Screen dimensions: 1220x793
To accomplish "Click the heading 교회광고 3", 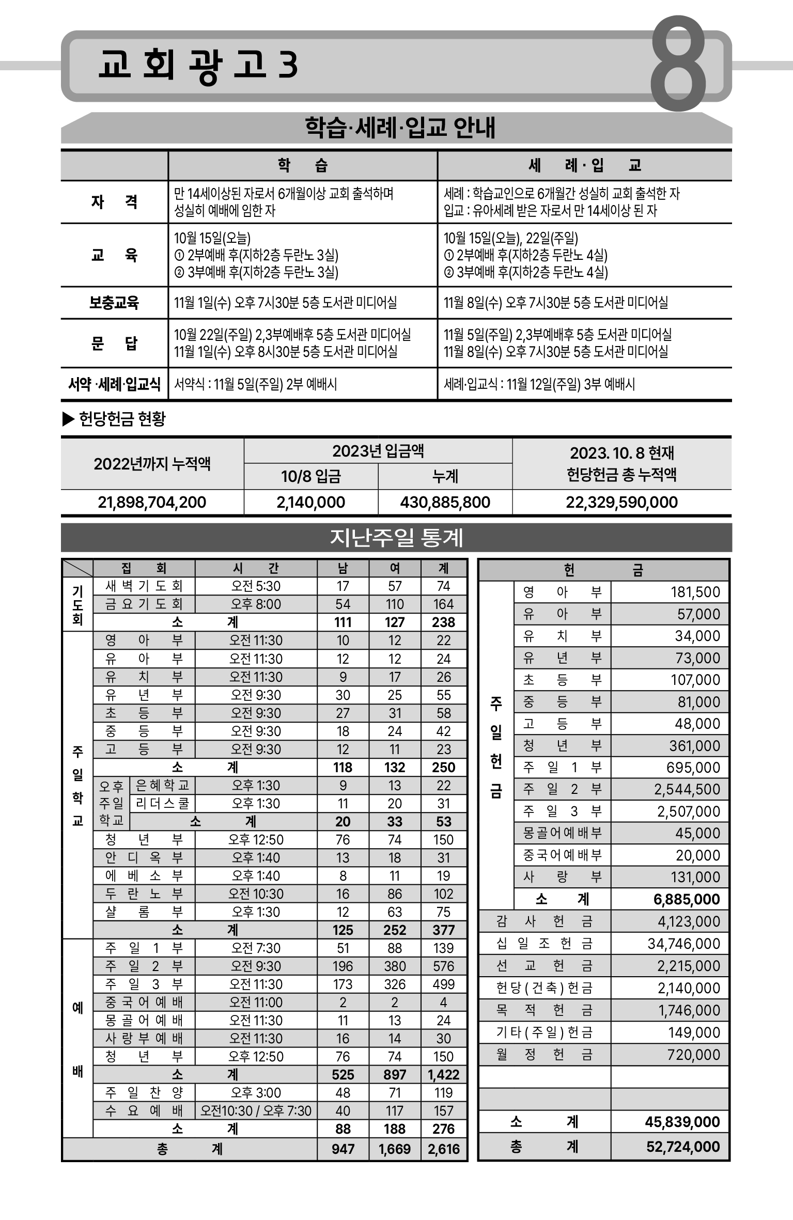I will (198, 66).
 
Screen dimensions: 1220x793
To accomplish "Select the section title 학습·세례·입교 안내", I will (400, 128).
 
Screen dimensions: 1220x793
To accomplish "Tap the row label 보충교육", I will (114, 303).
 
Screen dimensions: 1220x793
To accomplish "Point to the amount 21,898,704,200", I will (152, 502).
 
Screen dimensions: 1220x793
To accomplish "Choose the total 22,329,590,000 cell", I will (621, 502).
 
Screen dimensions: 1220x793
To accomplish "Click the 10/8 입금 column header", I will (311, 476).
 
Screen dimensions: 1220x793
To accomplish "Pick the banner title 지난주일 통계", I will (396, 538).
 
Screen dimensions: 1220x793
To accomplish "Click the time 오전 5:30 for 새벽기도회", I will (256, 586).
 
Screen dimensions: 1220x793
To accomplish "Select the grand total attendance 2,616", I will (444, 1149).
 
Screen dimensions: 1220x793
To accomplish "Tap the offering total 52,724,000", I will (683, 1147).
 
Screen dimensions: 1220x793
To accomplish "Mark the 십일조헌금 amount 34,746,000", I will (683, 944).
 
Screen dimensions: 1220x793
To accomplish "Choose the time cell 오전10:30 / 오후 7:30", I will (256, 1111).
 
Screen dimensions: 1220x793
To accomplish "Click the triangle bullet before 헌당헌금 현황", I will (68, 419).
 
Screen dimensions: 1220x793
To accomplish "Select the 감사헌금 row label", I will (544, 921).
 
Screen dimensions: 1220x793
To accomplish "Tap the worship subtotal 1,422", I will (444, 1075).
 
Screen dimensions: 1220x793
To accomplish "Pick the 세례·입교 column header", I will (584, 166).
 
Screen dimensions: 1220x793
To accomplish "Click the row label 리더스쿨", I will (162, 804).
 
